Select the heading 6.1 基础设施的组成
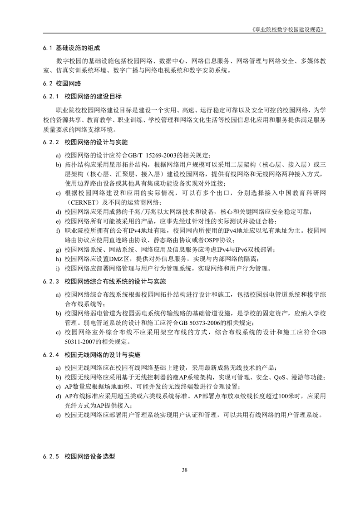[x=71, y=47]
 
